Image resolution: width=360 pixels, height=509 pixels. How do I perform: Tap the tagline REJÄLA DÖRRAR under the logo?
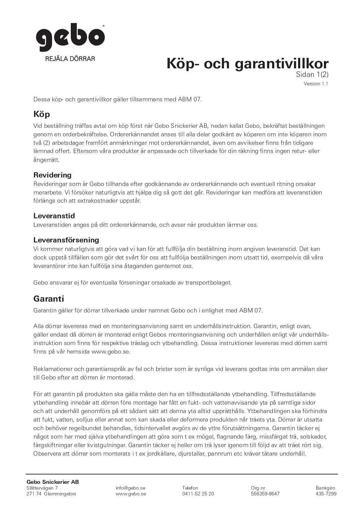coord(70,58)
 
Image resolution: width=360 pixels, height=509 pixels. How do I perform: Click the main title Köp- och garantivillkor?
coord(247,64)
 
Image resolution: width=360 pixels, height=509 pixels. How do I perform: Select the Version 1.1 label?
coord(316,84)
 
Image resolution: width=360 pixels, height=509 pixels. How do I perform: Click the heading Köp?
coord(42,114)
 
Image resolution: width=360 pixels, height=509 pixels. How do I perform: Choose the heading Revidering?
coord(52,175)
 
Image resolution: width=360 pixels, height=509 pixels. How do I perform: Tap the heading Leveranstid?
coord(54,216)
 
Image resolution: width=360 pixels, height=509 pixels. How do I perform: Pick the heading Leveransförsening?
coord(66,240)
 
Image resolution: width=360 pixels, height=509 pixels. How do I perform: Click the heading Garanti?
coord(49,299)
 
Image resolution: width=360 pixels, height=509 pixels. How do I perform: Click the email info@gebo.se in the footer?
coord(131,488)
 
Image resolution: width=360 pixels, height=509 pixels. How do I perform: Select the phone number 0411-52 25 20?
coord(198,494)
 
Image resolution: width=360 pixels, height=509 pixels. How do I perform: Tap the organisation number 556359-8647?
coord(265,494)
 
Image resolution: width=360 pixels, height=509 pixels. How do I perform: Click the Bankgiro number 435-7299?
coord(326,494)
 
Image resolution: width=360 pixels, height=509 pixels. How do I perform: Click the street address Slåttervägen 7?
coord(42,488)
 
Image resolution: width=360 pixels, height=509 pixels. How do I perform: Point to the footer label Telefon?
coord(190,488)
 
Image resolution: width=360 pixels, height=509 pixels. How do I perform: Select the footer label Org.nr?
coord(258,488)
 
